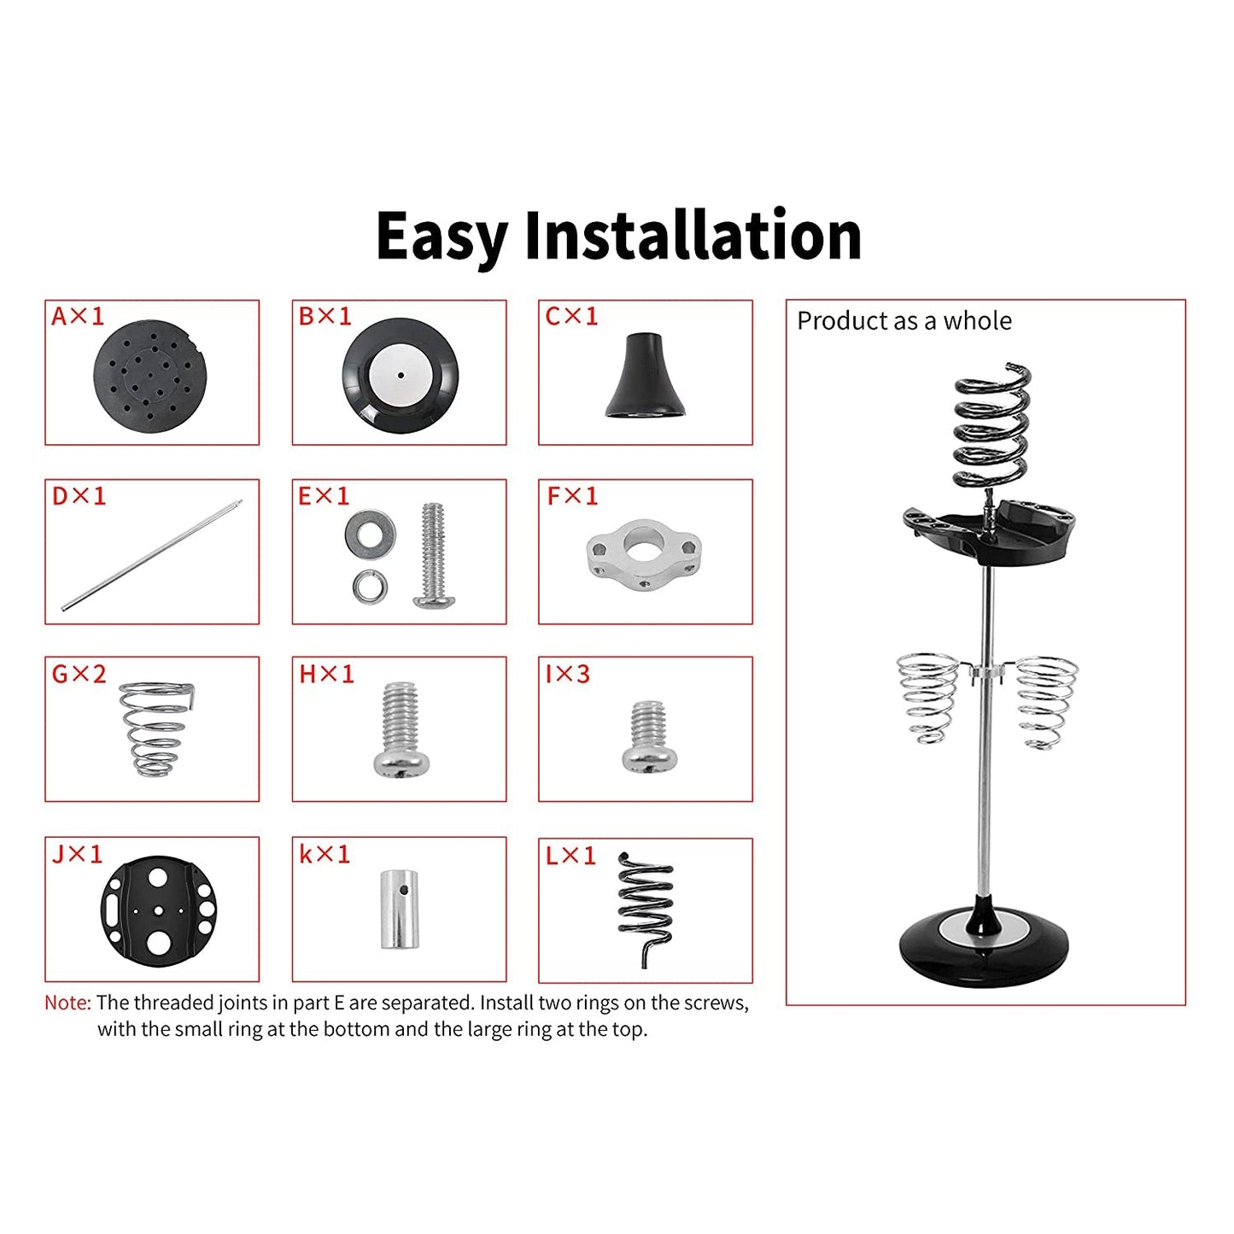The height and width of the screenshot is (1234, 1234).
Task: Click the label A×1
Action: [77, 317]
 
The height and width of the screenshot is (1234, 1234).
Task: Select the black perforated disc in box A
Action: [149, 376]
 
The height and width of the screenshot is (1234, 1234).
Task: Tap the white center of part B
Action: [400, 375]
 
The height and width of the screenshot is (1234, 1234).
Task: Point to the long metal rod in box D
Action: [152, 556]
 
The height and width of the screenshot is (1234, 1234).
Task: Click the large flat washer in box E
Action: [370, 530]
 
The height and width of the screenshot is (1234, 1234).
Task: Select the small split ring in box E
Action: [370, 586]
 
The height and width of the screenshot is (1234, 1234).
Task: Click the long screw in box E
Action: [434, 555]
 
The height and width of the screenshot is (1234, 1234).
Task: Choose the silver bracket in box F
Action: [644, 553]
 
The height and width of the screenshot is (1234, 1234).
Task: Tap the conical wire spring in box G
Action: [155, 728]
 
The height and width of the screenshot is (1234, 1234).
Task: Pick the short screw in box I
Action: [648, 737]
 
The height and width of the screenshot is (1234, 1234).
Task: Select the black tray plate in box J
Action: [158, 910]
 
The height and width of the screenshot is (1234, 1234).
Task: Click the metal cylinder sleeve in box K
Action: [399, 909]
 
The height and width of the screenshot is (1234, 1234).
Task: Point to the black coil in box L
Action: [646, 905]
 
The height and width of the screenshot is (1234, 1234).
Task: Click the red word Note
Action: [67, 1003]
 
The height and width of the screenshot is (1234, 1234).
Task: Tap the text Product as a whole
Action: [904, 321]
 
